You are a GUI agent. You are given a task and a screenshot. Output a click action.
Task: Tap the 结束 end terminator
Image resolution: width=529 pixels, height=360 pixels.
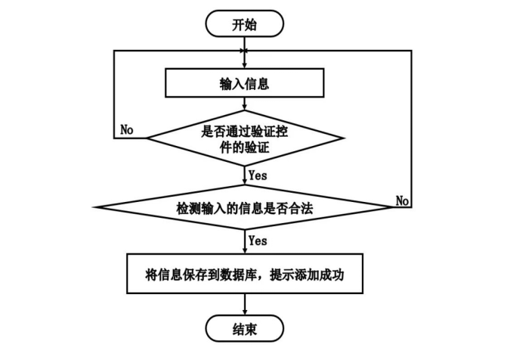coord(245,329)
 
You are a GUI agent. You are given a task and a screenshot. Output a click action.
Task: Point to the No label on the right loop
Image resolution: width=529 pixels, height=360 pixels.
coord(402,200)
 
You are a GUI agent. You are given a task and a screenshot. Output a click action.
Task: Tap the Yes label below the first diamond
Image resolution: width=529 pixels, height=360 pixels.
coord(258,175)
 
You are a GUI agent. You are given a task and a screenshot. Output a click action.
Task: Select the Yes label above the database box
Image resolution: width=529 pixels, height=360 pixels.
coord(258,241)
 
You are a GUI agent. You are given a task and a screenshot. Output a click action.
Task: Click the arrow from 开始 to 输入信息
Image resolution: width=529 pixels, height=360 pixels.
coord(245,53)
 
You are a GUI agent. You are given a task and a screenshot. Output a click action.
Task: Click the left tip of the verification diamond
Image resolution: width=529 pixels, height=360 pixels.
coord(147,138)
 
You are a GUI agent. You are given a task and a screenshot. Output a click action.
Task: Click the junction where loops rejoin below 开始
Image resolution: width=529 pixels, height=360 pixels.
coord(245,51)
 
